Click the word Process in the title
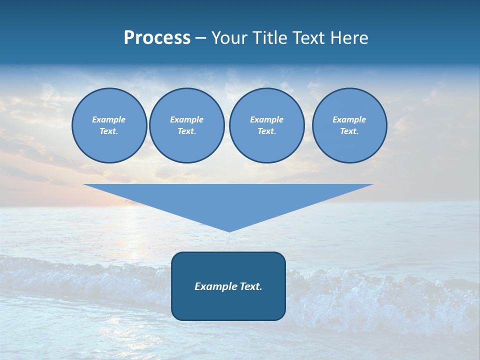[x=157, y=38]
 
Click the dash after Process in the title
[x=200, y=38]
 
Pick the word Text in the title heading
[x=309, y=38]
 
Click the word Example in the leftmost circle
[x=109, y=119]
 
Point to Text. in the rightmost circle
[x=349, y=131]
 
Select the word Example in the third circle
[x=266, y=119]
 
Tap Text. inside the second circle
[x=186, y=131]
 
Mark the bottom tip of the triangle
[x=229, y=230]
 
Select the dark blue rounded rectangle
[x=228, y=305]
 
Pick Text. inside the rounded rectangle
[x=250, y=286]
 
